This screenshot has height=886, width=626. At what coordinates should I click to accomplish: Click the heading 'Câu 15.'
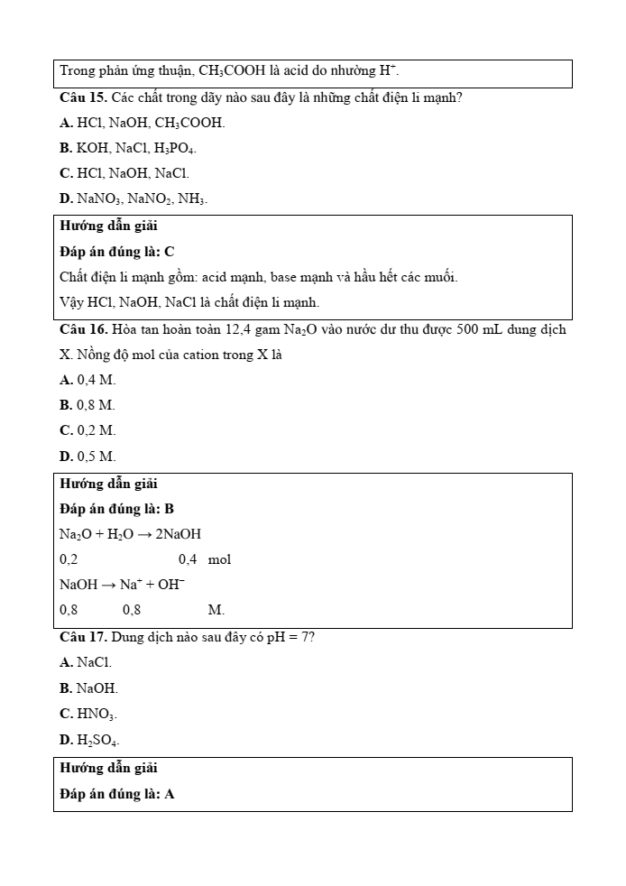84,97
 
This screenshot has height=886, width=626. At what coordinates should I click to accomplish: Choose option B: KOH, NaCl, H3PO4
128,148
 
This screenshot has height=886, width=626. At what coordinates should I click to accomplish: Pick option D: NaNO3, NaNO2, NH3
133,198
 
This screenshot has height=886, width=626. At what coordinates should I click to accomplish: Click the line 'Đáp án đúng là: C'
117,252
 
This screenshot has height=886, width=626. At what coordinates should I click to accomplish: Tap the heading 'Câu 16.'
84,329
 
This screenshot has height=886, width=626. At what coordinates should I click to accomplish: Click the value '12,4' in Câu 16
239,329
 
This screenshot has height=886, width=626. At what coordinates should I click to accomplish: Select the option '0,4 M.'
87,381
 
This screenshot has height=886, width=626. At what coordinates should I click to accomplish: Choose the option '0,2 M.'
87,431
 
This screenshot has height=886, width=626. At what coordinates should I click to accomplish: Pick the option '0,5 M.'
87,457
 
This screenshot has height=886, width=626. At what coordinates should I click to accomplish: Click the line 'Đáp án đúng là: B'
117,509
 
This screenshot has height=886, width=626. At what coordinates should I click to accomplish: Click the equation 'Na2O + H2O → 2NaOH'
131,534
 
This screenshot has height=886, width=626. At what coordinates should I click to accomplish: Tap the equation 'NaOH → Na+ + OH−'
122,585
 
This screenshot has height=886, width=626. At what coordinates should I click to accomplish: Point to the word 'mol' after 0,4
219,559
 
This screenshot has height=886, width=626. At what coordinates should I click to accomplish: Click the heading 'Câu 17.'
84,637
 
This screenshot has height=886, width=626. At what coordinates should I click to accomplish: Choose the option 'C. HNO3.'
88,714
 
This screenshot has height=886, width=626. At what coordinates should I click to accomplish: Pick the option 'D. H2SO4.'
89,740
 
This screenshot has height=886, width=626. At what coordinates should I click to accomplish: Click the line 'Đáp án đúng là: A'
117,794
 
